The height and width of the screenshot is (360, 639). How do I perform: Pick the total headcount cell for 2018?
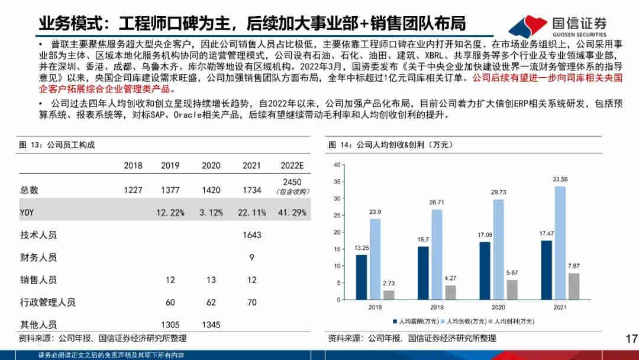click(133, 190)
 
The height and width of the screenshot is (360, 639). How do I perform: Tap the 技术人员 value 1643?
click(252, 235)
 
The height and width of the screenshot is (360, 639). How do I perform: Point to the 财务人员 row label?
click(38, 258)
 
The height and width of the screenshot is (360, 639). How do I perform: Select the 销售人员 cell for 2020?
click(211, 280)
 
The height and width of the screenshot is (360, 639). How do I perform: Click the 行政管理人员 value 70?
click(252, 303)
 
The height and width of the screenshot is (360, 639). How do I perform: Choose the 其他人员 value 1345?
click(211, 324)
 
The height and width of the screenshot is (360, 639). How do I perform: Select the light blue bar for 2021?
click(560, 243)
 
